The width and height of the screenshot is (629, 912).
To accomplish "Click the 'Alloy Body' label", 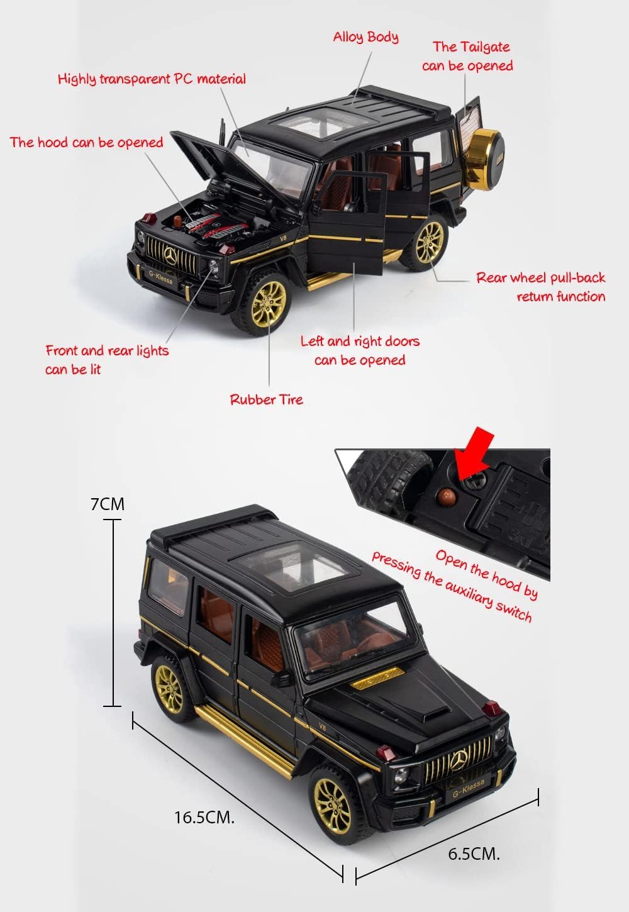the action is (365, 37).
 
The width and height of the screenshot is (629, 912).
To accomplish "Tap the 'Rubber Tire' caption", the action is (266, 399).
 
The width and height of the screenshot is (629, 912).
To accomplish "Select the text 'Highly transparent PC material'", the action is (152, 79).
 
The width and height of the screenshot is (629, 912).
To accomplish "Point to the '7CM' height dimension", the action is (108, 504).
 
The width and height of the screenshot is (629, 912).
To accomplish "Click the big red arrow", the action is (474, 453).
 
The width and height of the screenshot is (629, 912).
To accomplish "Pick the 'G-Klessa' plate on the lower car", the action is (468, 790).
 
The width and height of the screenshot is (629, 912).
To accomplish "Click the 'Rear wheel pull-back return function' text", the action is (541, 287).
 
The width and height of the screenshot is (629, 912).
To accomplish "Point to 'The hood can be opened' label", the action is (86, 143).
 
